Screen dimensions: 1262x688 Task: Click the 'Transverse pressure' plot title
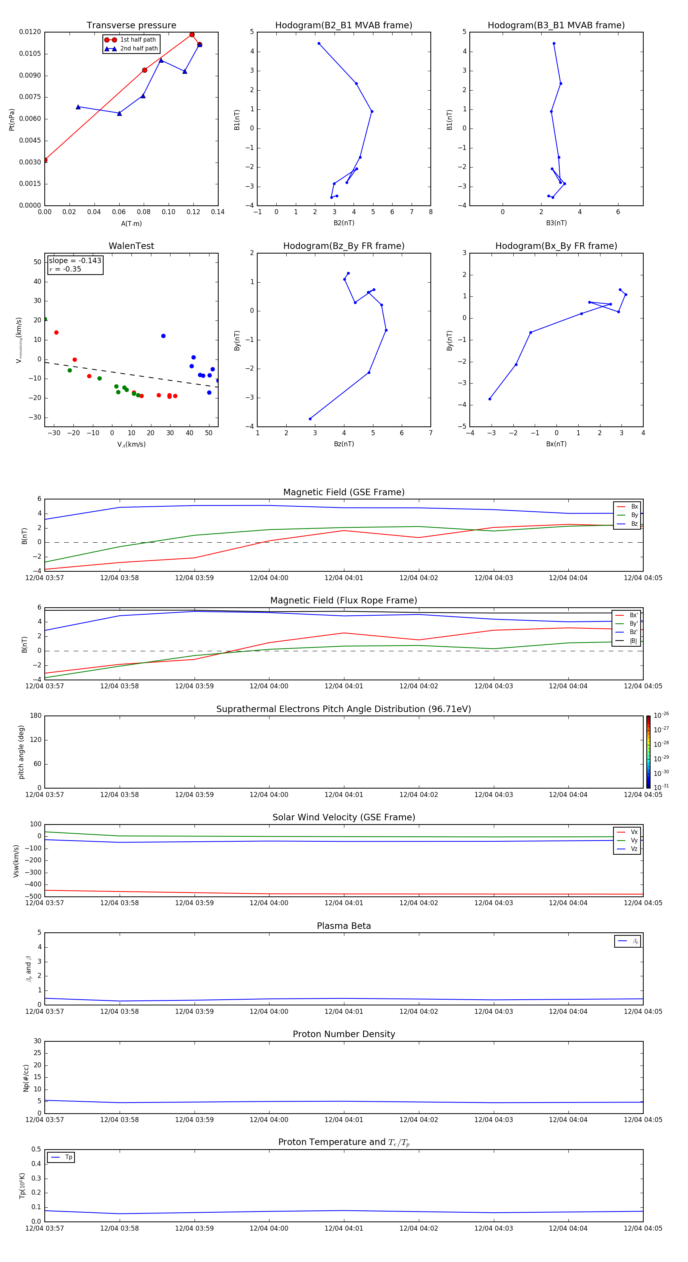pos(131,26)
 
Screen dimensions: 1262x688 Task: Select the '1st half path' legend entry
pos(138,40)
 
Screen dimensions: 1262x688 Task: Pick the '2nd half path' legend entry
pos(139,49)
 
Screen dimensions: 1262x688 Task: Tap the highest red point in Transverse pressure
pos(192,35)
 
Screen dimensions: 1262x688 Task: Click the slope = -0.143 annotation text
pos(75,261)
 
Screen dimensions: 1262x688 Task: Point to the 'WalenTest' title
pos(131,246)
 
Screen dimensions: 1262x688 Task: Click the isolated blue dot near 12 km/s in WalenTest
pos(164,336)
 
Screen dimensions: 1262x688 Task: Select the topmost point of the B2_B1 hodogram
pos(319,44)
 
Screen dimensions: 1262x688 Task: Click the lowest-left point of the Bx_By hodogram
pos(490,399)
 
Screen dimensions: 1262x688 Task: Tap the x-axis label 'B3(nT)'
pos(556,223)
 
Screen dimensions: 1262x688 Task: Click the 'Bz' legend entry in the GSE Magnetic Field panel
pos(634,524)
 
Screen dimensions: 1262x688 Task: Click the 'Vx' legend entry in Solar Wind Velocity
pos(634,832)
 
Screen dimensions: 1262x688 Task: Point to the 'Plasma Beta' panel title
pos(344,926)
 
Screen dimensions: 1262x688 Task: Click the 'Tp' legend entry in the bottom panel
pos(68,1157)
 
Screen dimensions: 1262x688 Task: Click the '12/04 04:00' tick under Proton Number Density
pos(269,1119)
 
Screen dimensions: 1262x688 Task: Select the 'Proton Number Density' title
pos(344,1034)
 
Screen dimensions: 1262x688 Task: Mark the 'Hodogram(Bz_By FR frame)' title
pos(344,246)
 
